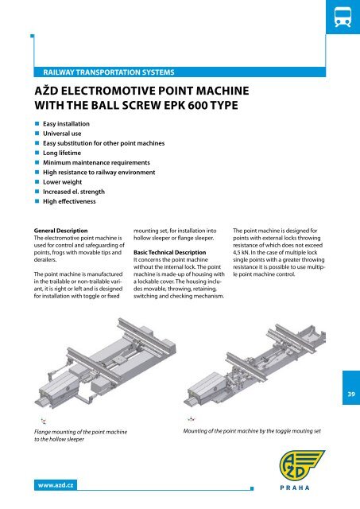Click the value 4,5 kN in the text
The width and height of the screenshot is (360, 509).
(x=246, y=258)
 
